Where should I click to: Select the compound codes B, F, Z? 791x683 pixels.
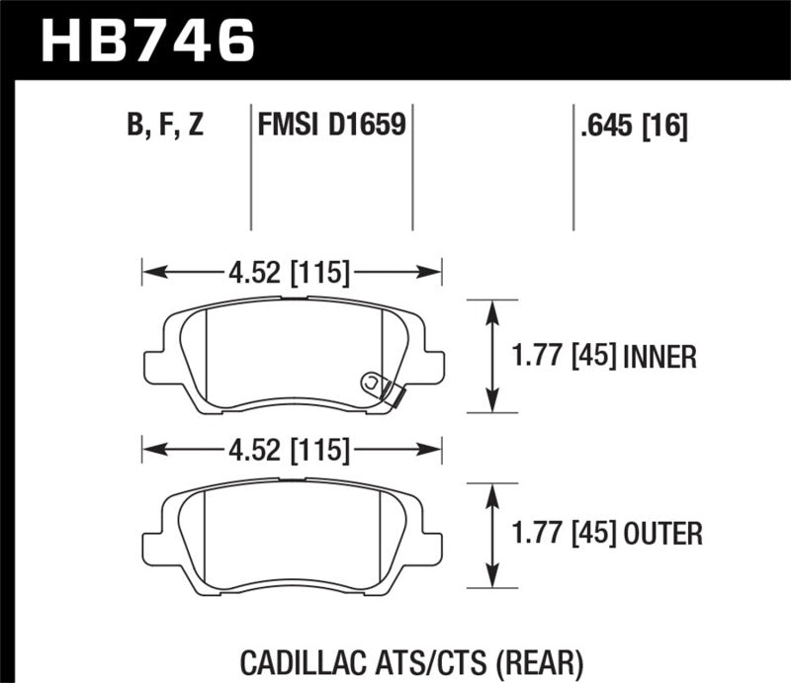tap(166, 127)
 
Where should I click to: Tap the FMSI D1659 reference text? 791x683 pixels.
tap(329, 127)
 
